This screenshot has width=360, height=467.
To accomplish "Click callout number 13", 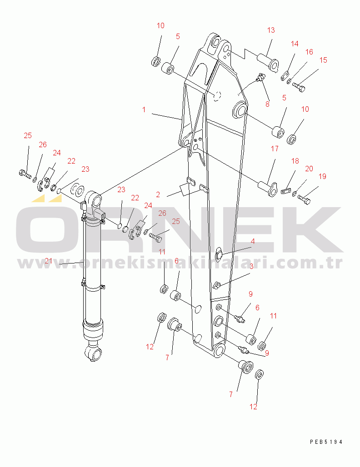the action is (x=271, y=30).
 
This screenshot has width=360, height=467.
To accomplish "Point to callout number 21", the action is (x=49, y=261).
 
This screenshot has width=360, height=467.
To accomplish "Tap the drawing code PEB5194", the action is (x=326, y=442).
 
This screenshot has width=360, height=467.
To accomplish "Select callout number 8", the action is (x=267, y=104).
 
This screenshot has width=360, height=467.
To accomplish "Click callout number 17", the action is (x=275, y=148).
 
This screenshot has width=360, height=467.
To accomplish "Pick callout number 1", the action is (x=144, y=109).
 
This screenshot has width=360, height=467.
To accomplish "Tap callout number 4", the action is (x=253, y=241).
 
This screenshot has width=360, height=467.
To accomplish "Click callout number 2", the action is (x=158, y=194).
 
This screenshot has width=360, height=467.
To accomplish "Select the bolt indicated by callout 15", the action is (x=298, y=87).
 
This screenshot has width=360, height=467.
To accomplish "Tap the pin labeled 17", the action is (x=268, y=189).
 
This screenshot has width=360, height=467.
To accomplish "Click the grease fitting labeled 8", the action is (x=260, y=78).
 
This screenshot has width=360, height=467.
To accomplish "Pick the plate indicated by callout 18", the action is (x=285, y=191).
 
